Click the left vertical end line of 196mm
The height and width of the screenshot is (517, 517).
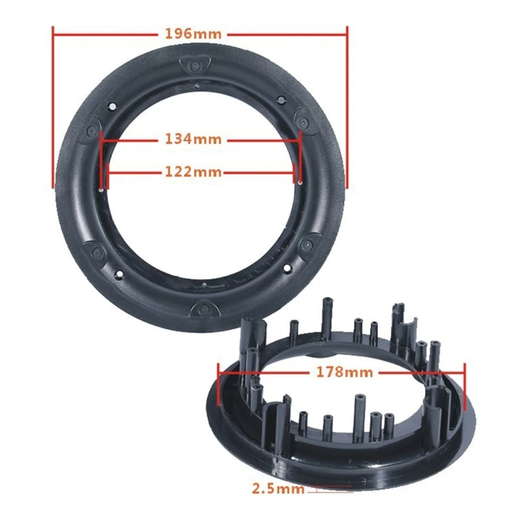(x=53, y=107)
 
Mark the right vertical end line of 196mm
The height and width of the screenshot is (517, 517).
(x=347, y=107)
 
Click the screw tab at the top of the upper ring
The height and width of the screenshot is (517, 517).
(x=195, y=65)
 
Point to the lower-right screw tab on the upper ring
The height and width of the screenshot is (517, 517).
(x=306, y=244)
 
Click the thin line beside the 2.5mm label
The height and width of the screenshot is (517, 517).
(x=330, y=489)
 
